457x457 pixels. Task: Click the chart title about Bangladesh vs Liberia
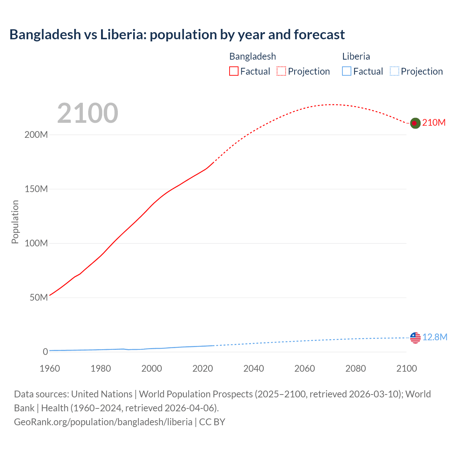[x=177, y=35]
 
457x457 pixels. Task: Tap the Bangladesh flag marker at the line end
[x=415, y=123]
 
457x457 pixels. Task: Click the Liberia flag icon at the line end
[x=415, y=337]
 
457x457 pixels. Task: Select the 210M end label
[x=434, y=122]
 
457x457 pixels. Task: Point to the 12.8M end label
[x=435, y=337]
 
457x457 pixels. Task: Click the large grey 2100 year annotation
[x=87, y=113]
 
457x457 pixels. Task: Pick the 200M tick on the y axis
[x=36, y=135]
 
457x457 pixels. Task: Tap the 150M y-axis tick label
[x=36, y=189]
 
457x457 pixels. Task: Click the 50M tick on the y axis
[x=39, y=298]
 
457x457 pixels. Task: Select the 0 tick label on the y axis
[x=45, y=352]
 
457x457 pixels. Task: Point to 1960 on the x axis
[x=50, y=368]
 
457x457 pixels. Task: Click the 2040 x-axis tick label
[x=253, y=368]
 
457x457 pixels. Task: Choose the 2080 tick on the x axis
[x=356, y=368]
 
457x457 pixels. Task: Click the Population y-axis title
[x=15, y=222]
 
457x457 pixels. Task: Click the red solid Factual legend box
[x=234, y=71]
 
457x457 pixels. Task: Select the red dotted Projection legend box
[x=281, y=71]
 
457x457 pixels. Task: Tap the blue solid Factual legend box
[x=347, y=71]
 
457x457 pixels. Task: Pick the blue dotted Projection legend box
[x=395, y=71]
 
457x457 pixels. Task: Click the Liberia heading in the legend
[x=356, y=56]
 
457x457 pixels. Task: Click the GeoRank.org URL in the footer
[x=103, y=422]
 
